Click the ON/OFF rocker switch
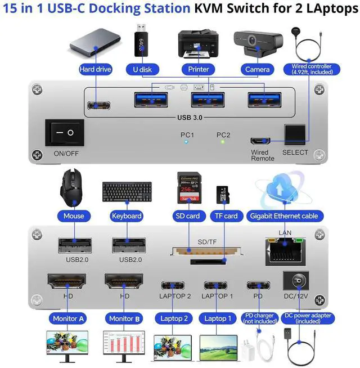pyautogui.click(x=64, y=133)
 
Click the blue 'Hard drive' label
pyautogui.click(x=95, y=69)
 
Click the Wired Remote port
pyautogui.click(x=260, y=140)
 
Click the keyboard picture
pyautogui.click(x=127, y=192)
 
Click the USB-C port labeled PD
pyautogui.click(x=258, y=284)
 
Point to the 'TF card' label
pyautogui.click(x=226, y=216)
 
